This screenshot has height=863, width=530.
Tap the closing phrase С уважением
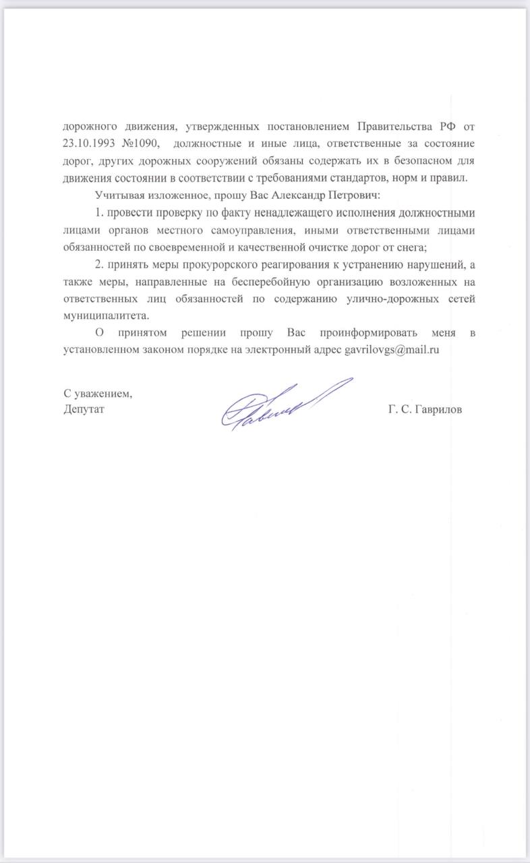[98, 394]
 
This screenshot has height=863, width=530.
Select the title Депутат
[84, 410]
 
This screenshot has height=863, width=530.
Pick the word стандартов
[372, 178]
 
